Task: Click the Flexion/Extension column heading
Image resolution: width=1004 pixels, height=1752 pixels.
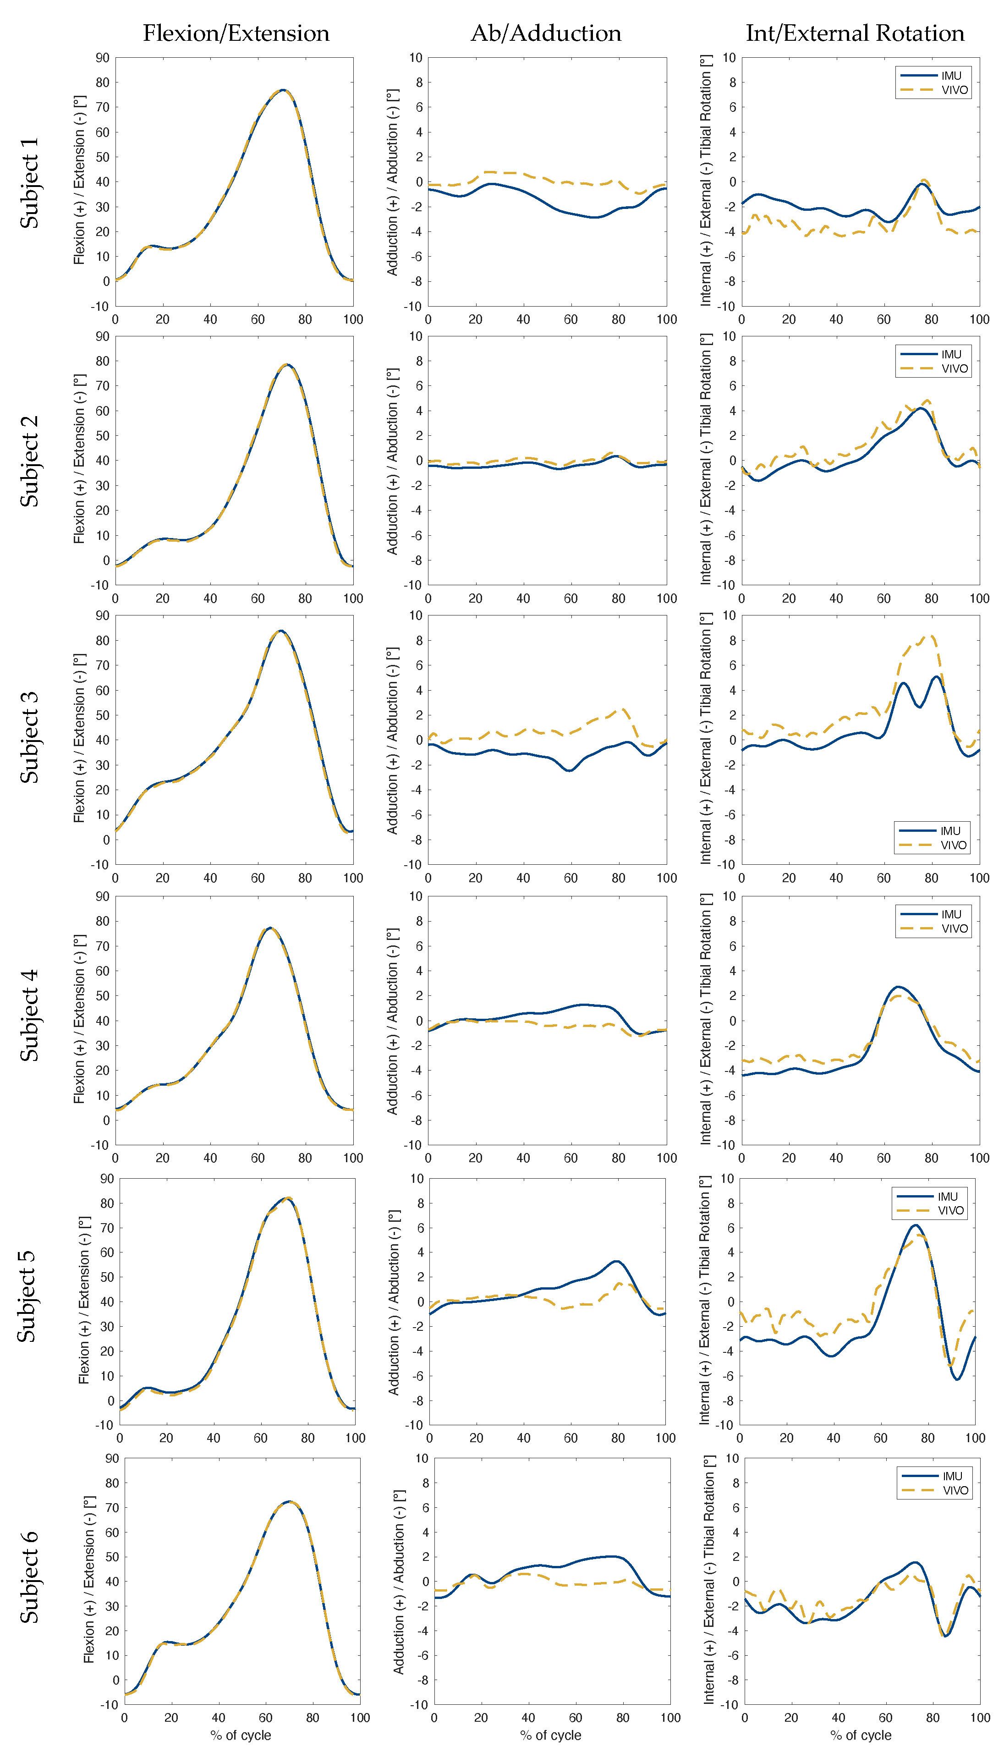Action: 236,33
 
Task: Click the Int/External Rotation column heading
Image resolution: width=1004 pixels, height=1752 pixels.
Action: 855,33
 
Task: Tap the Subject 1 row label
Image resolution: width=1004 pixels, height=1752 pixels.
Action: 29,183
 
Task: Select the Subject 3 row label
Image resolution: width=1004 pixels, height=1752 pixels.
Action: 29,738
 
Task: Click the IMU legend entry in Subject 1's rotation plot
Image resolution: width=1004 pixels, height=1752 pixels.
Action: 950,76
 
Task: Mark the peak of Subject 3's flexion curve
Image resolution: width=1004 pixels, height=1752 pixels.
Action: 280,631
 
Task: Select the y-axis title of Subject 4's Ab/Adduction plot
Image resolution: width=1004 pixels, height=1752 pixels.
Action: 392,1021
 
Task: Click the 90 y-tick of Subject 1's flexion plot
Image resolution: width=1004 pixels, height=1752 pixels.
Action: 102,58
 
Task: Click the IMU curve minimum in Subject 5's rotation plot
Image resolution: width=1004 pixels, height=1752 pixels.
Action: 957,1379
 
